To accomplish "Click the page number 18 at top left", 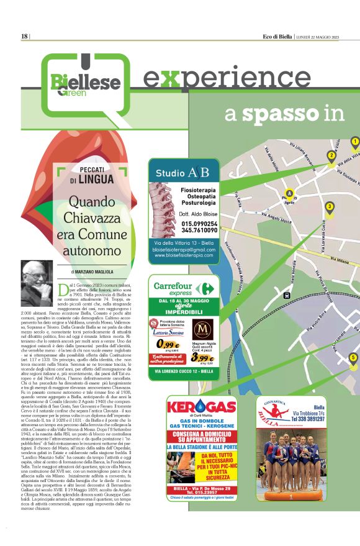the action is [x=24, y=37].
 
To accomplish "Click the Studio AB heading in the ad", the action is [x=182, y=172].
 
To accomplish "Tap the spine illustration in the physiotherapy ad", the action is [x=163, y=211].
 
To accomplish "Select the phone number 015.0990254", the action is [x=199, y=224].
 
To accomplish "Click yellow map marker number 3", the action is [x=330, y=208].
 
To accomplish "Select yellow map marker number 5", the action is [x=353, y=358].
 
